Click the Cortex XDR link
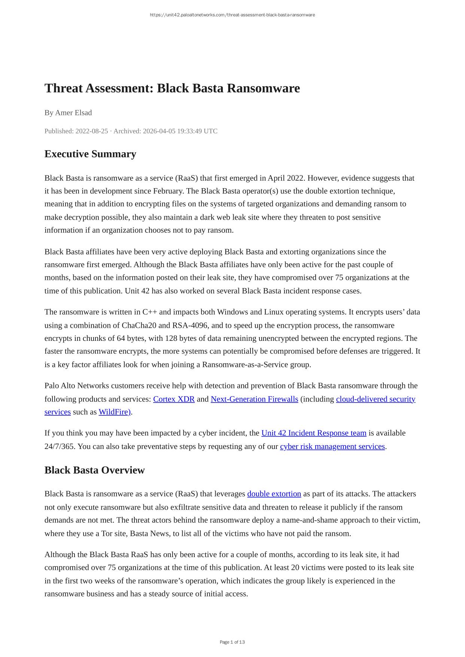[174, 399]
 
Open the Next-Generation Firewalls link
[254, 399]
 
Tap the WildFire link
[114, 412]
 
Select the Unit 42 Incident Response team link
[314, 433]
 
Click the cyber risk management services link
[332, 446]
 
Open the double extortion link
[274, 494]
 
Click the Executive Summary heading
[90, 154]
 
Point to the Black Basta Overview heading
[94, 470]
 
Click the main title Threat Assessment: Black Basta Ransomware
[172, 88]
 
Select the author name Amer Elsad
[73, 113]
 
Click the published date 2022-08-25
[92, 131]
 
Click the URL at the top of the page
[232, 15]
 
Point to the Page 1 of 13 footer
[232, 642]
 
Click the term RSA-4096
[190, 326]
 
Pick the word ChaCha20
[139, 326]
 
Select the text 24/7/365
[59, 446]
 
